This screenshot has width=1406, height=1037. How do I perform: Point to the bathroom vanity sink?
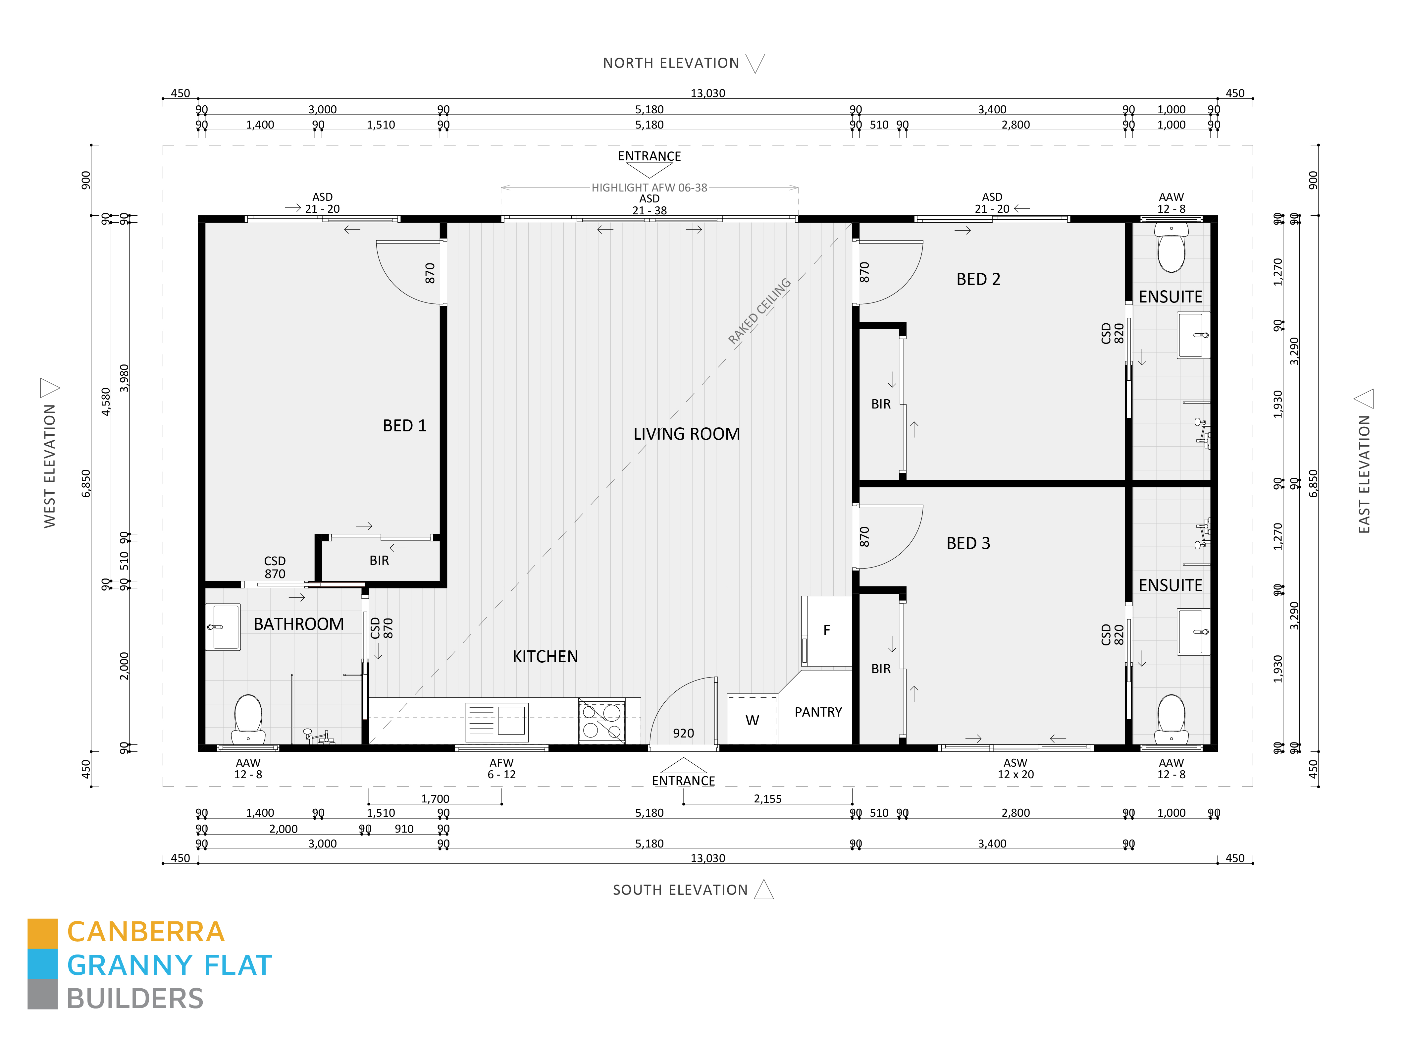(x=223, y=627)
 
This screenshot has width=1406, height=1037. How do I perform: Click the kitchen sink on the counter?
(x=497, y=722)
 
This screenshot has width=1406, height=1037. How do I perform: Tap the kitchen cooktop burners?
(x=601, y=721)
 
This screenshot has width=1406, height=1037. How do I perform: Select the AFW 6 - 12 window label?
(x=501, y=768)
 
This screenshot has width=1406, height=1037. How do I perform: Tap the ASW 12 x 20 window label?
(x=1015, y=768)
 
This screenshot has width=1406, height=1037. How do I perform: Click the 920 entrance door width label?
(x=683, y=733)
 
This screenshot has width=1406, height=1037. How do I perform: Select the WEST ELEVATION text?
(x=50, y=466)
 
